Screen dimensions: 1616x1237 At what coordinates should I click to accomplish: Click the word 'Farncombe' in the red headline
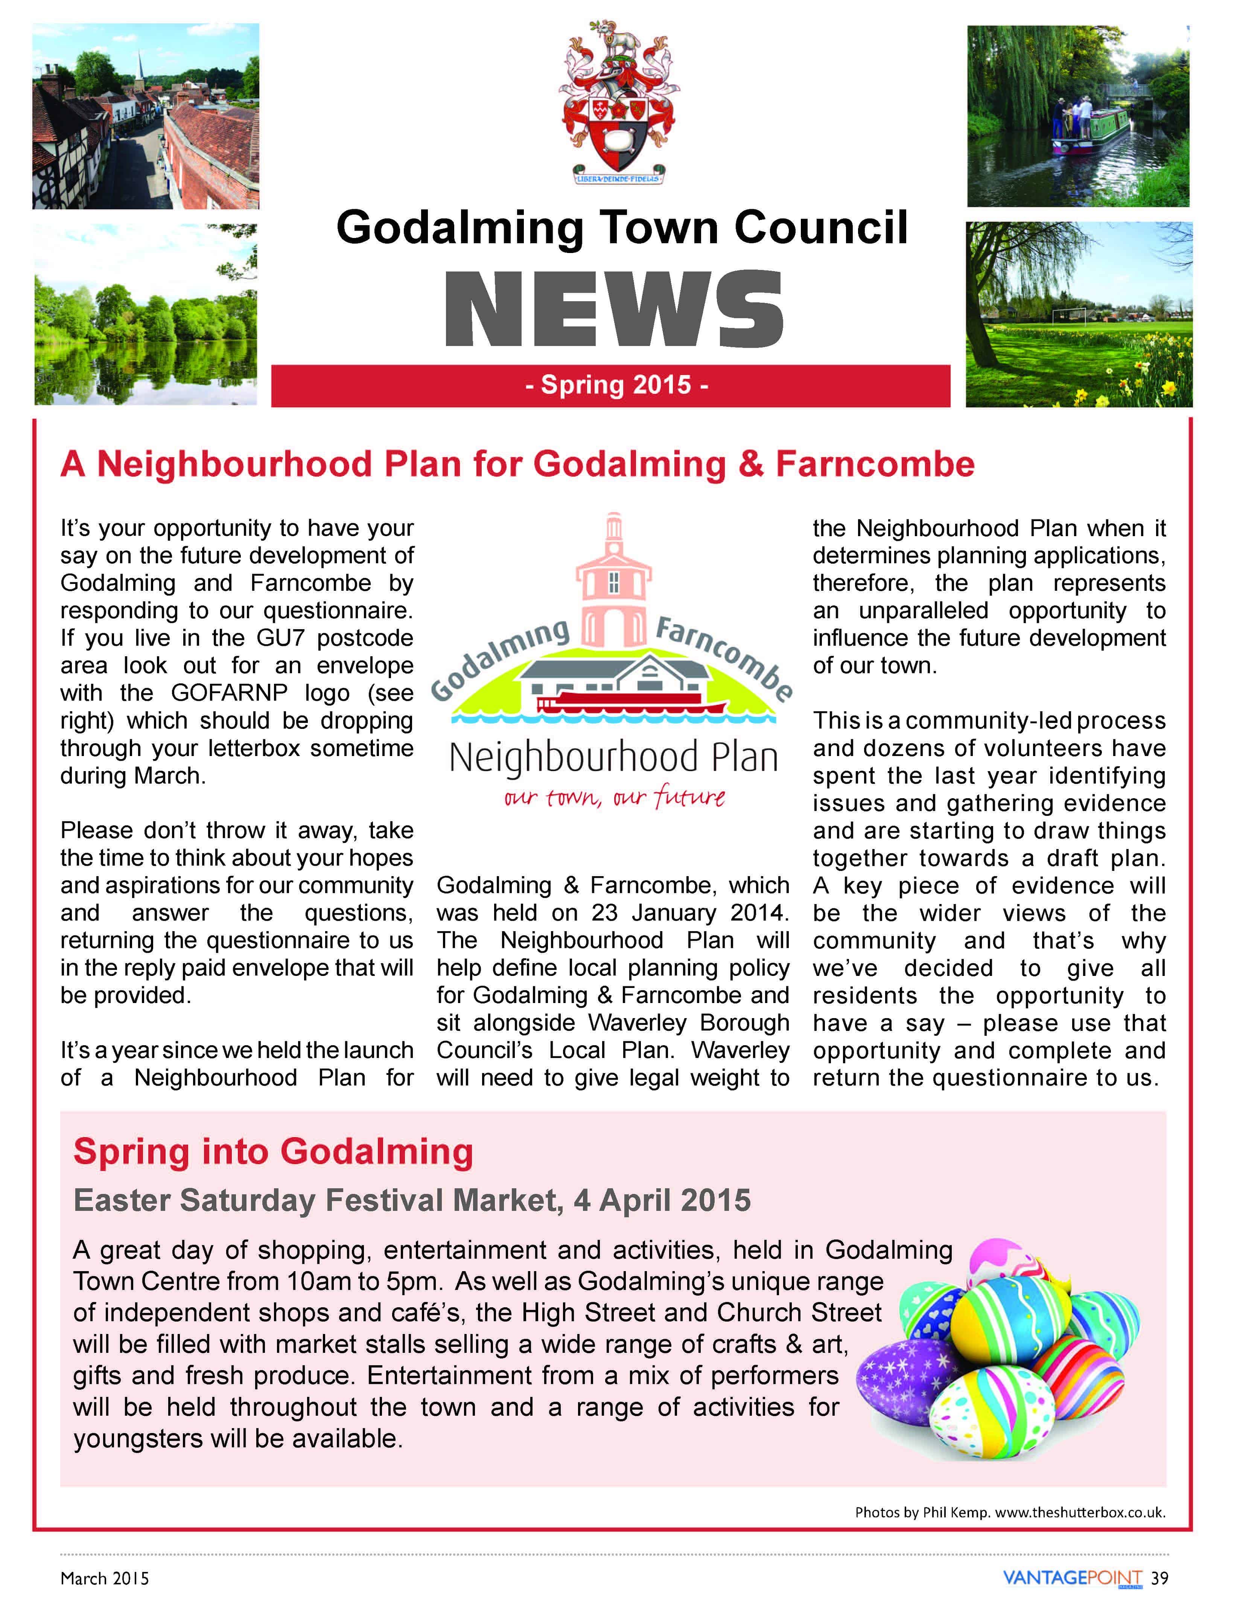pos(875,464)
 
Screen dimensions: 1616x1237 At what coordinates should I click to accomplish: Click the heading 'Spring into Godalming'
pos(273,1152)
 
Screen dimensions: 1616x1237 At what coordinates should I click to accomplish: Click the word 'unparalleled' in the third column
pos(924,611)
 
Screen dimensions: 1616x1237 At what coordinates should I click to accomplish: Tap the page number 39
pos(1160,1578)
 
